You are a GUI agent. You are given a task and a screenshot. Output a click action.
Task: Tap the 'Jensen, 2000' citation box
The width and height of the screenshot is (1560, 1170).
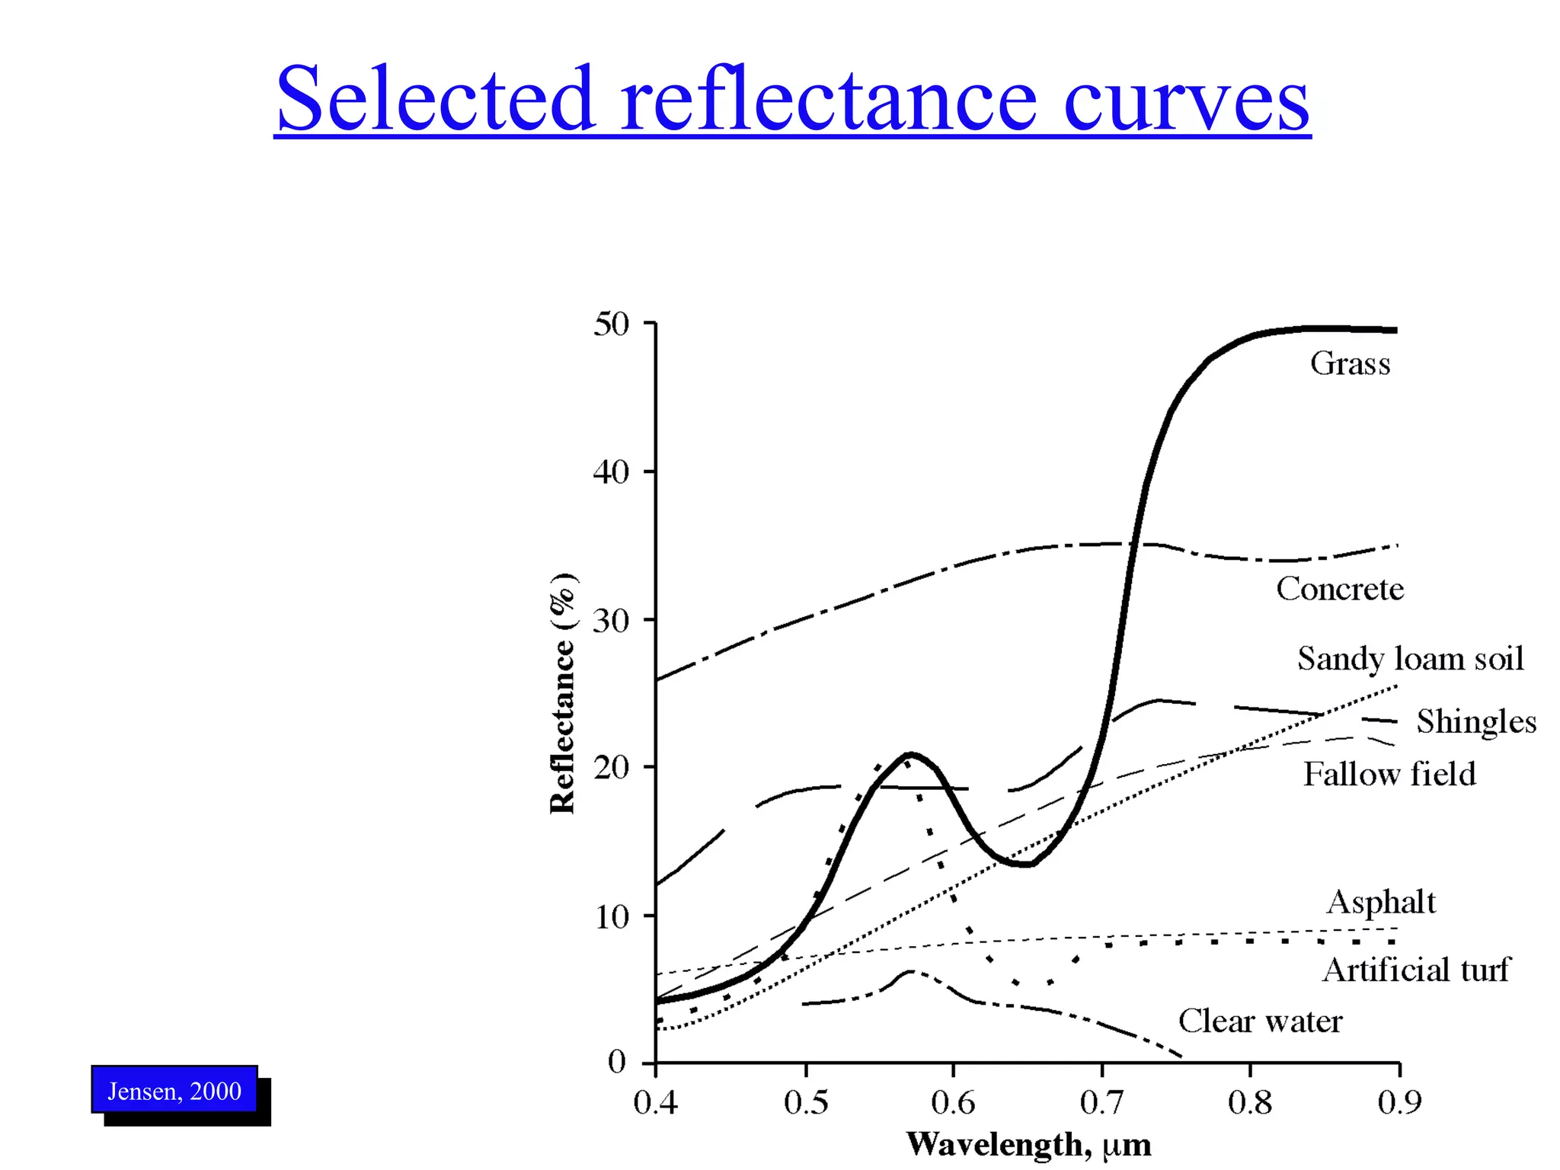click(x=174, y=1091)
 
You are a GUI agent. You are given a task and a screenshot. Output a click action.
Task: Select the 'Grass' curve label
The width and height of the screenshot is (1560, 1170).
click(x=1350, y=363)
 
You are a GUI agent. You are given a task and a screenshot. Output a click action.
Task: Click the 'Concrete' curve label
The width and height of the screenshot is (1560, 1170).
click(x=1340, y=589)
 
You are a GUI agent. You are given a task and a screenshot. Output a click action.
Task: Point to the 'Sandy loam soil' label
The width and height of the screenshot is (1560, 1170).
click(x=1411, y=659)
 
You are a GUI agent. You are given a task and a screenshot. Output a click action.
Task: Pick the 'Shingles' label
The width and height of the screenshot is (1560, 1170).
click(x=1476, y=721)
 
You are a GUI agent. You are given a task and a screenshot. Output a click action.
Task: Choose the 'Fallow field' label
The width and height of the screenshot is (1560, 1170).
click(x=1389, y=774)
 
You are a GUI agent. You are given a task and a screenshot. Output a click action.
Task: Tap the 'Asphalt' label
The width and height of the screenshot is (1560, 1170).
click(x=1381, y=902)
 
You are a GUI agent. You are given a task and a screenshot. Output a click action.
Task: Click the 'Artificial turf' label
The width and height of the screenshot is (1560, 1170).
click(x=1415, y=970)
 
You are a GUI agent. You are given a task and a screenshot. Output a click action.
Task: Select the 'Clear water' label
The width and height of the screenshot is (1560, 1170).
click(x=1261, y=1021)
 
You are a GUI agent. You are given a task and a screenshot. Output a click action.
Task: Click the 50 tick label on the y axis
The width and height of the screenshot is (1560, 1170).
click(x=612, y=324)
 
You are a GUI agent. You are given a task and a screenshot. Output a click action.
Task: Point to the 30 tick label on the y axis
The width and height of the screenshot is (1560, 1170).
click(x=612, y=621)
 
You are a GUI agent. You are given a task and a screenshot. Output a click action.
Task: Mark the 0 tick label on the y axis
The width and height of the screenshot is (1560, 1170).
click(x=617, y=1061)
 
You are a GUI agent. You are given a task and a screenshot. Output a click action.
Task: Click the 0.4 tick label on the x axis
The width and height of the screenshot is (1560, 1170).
click(x=656, y=1102)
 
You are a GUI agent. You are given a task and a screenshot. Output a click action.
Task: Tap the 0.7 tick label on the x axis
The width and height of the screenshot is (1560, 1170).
click(x=1101, y=1102)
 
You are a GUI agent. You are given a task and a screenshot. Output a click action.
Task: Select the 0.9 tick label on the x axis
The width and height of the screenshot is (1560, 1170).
click(x=1399, y=1102)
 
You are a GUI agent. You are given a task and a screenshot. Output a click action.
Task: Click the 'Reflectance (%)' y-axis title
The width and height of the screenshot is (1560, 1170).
click(x=563, y=692)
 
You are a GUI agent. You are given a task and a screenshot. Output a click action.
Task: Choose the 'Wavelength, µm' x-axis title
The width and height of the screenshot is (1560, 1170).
click(x=1028, y=1145)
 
